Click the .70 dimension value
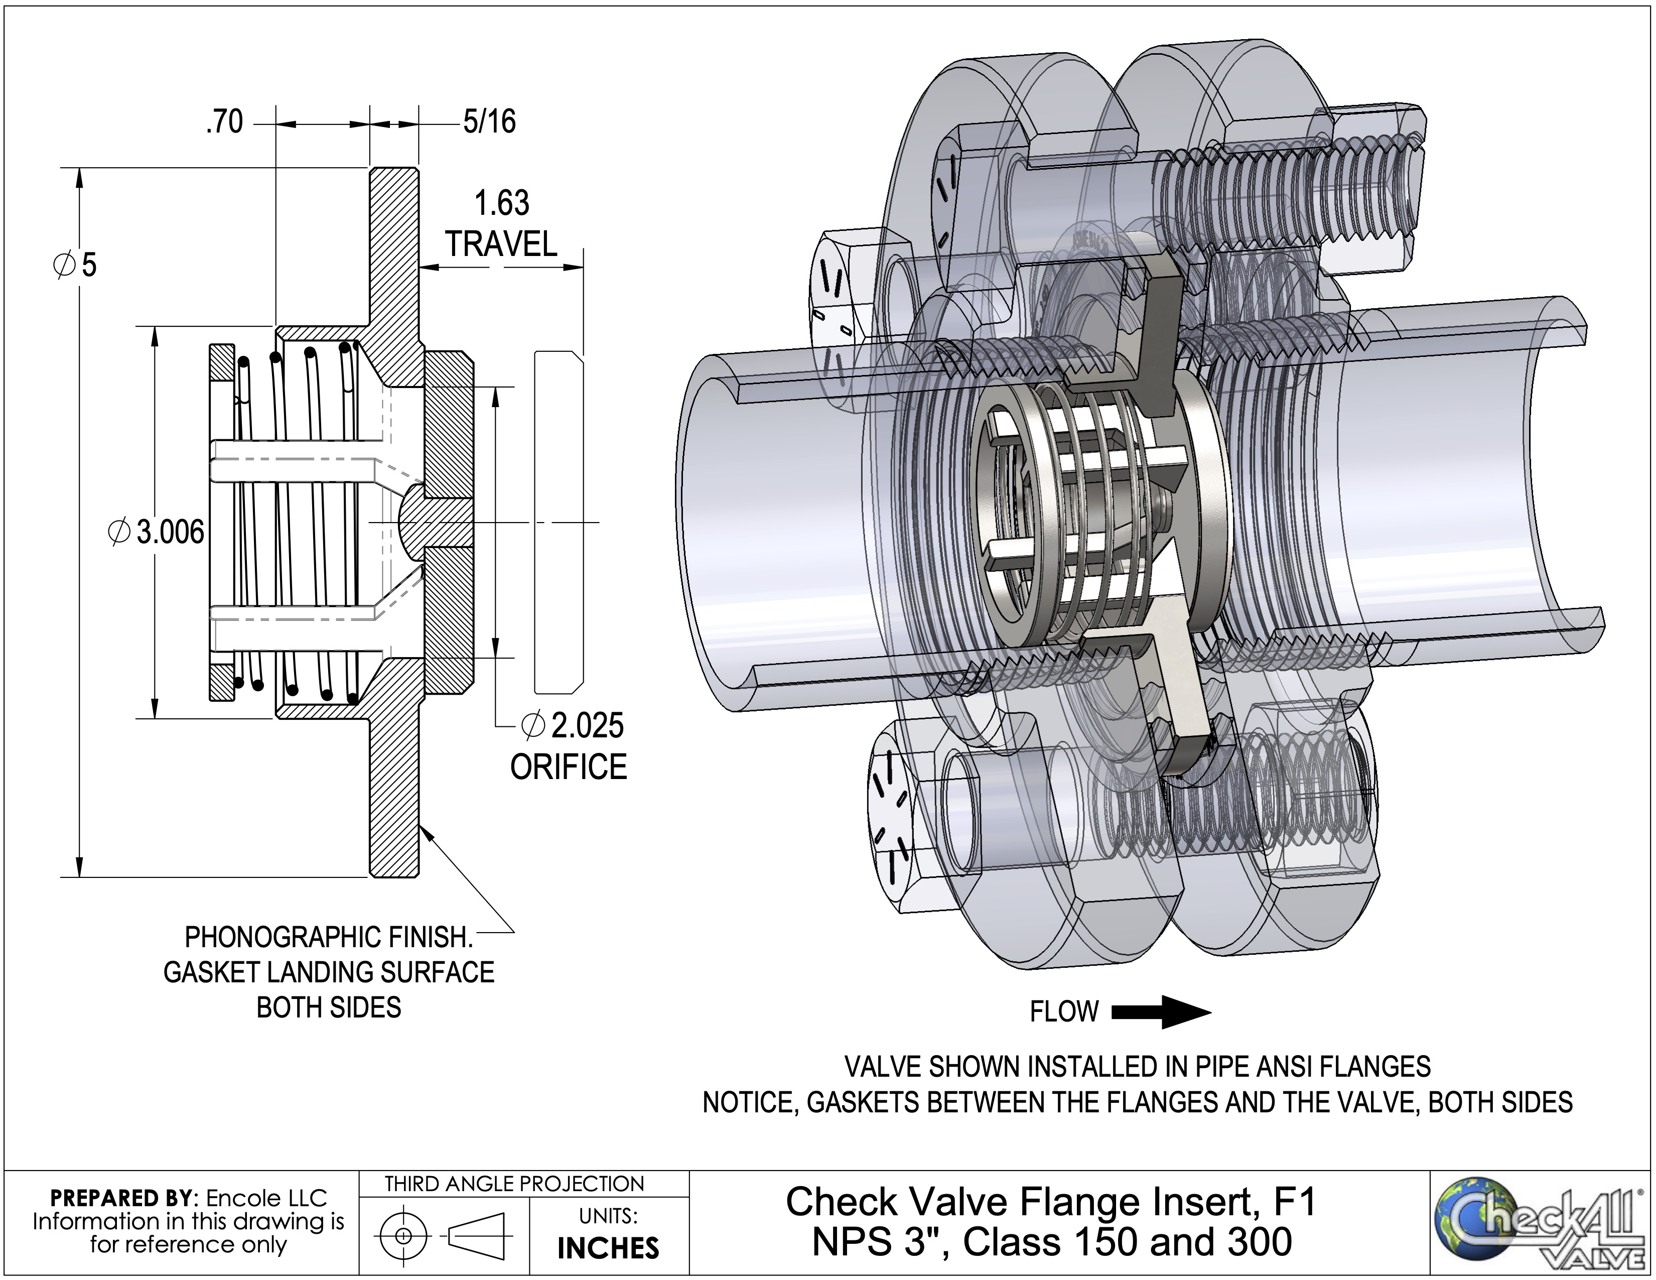tap(224, 122)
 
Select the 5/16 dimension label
tap(489, 121)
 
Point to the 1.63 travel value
tap(501, 203)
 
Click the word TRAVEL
tap(501, 244)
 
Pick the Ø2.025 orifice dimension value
tap(573, 726)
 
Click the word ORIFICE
tap(569, 767)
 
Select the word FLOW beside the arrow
tap(1064, 1011)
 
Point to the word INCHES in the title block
tap(608, 1248)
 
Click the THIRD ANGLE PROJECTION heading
tap(514, 1184)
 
